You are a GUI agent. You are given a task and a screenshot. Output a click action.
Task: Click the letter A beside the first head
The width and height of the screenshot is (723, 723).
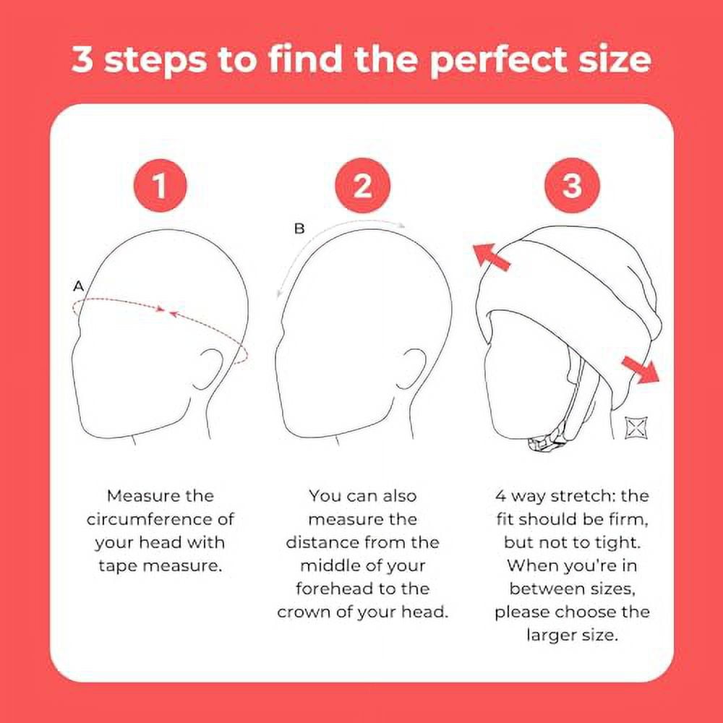[x=79, y=287]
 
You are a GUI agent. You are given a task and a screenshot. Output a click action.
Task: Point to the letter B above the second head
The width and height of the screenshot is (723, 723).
[x=299, y=229]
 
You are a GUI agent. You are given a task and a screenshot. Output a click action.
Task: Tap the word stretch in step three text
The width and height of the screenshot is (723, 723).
[x=579, y=496]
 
